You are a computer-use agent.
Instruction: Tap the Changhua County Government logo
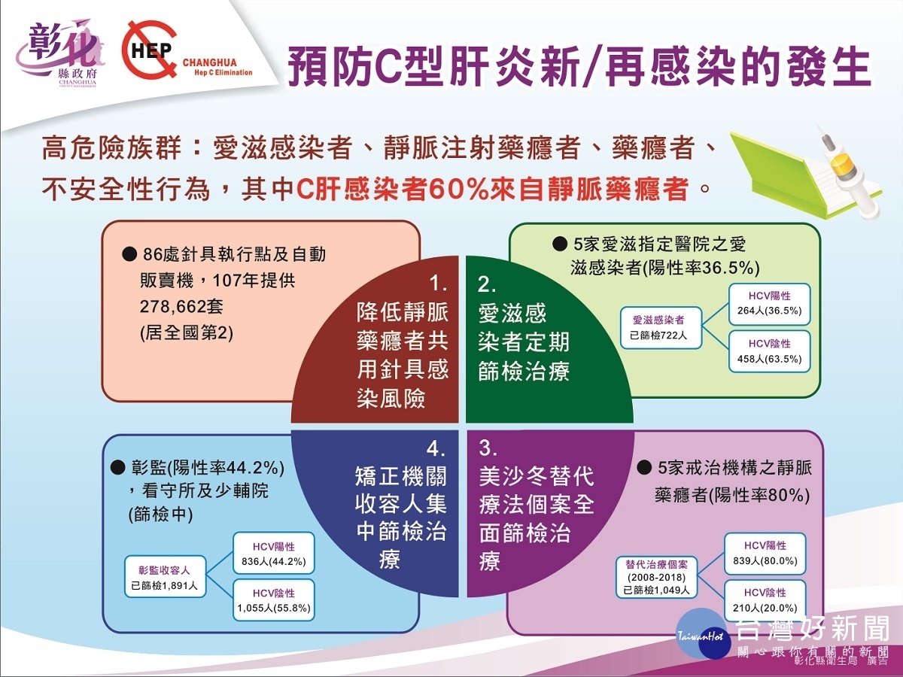pyautogui.click(x=62, y=54)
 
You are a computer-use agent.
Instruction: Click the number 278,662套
pyautogui.click(x=181, y=307)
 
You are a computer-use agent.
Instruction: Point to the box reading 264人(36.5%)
pyautogui.click(x=769, y=304)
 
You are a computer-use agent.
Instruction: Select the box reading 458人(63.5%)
pyautogui.click(x=769, y=352)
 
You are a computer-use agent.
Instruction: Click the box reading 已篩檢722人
pyautogui.click(x=661, y=328)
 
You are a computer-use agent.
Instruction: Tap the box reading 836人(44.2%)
pyautogui.click(x=274, y=554)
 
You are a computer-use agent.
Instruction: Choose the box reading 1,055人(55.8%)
pyautogui.click(x=274, y=600)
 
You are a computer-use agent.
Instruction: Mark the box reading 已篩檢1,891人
pyautogui.click(x=165, y=577)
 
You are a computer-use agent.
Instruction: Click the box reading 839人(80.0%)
pyautogui.click(x=765, y=554)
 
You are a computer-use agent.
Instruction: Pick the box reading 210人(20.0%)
pyautogui.click(x=765, y=600)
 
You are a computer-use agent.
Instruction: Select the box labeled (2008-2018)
pyautogui.click(x=657, y=577)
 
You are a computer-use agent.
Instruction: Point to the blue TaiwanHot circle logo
pyautogui.click(x=702, y=634)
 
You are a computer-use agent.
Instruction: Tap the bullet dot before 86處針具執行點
pyautogui.click(x=129, y=254)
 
